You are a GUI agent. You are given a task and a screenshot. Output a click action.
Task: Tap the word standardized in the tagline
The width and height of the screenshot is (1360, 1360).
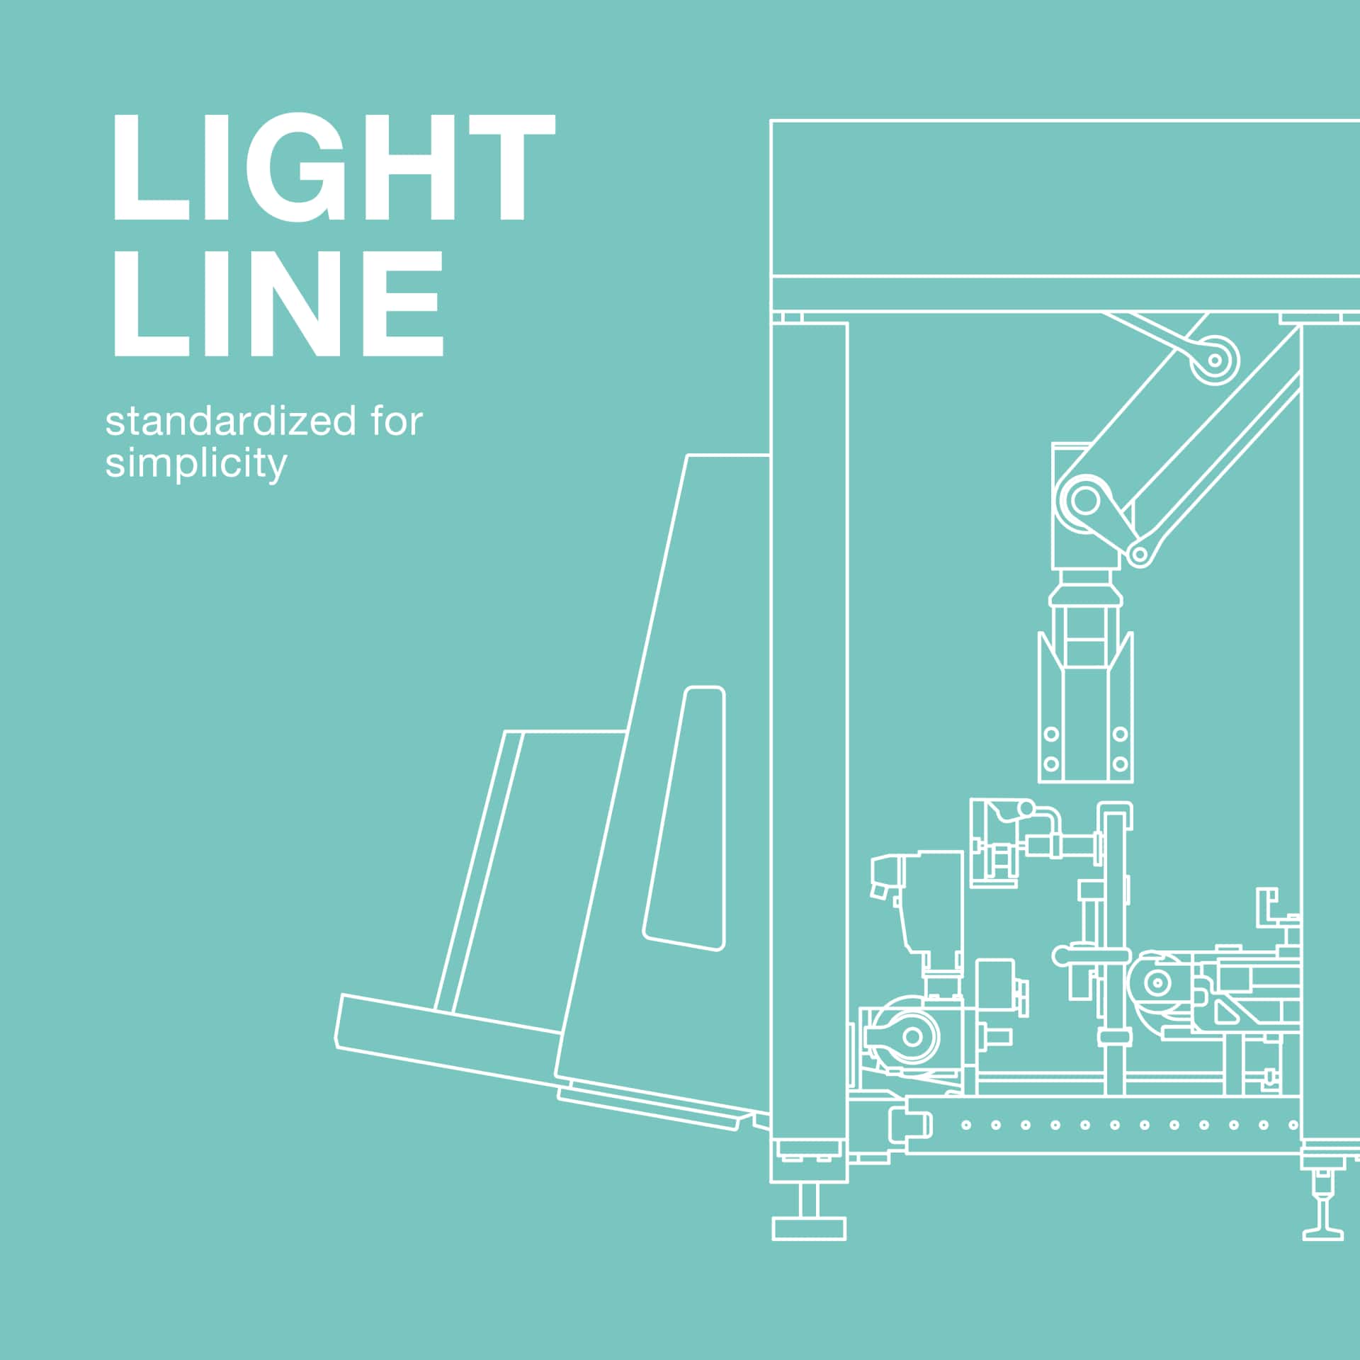(x=230, y=422)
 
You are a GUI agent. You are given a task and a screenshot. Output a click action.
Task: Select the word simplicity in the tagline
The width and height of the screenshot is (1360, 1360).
(x=196, y=465)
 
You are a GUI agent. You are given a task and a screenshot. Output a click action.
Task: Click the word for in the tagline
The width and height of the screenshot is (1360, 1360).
(x=397, y=421)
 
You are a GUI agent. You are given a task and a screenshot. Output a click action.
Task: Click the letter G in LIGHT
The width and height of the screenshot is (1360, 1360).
(x=290, y=167)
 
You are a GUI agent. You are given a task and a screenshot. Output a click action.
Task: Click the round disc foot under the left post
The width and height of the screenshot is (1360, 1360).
(x=809, y=1228)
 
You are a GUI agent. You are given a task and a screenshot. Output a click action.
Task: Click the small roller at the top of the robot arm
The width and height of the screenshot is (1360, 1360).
(x=1215, y=360)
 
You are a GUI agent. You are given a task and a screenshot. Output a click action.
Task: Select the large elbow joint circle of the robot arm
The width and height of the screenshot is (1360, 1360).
(x=1084, y=501)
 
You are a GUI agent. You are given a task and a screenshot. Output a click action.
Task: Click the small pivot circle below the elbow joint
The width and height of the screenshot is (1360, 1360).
(x=1140, y=554)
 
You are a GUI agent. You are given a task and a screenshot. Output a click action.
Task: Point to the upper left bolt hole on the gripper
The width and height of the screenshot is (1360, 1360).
(x=1051, y=734)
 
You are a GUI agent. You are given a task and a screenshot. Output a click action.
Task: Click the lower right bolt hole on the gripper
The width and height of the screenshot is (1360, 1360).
(x=1120, y=764)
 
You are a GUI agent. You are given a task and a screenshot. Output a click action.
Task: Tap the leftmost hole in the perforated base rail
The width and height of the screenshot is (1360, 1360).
(x=966, y=1125)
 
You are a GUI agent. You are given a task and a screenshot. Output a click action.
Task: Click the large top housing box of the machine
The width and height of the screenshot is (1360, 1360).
(x=1062, y=198)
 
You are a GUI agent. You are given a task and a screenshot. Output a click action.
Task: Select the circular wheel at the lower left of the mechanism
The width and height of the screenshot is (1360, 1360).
(x=912, y=1037)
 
